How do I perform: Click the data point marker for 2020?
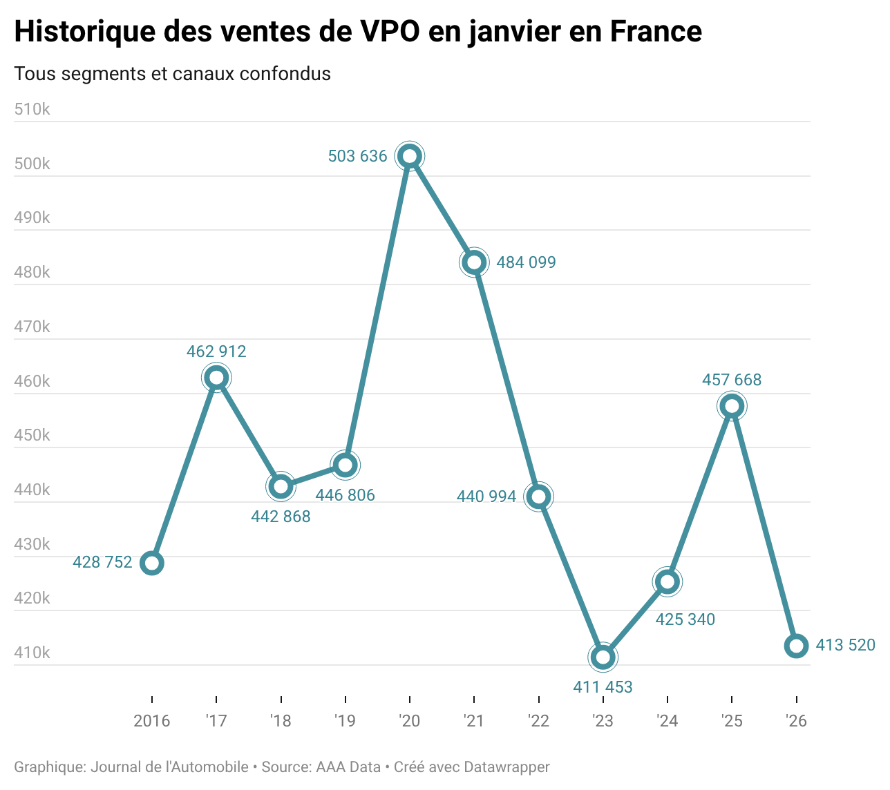[410, 156]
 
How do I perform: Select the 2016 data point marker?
[152, 563]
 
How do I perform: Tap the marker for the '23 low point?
[603, 657]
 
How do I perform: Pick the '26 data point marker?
[796, 646]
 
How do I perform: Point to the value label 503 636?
[357, 157]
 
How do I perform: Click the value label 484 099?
[526, 262]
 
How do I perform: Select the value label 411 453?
[603, 687]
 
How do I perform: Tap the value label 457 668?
[732, 380]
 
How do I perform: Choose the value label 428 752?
[102, 563]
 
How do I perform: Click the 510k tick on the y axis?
[32, 109]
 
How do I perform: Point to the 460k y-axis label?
[32, 381]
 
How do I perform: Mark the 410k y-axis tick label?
[32, 653]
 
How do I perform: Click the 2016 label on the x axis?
[152, 722]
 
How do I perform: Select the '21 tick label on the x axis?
[474, 722]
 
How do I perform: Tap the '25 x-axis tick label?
[732, 722]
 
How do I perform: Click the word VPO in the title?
[389, 32]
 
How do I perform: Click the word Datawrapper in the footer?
[506, 767]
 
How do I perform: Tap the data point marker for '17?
[216, 378]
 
